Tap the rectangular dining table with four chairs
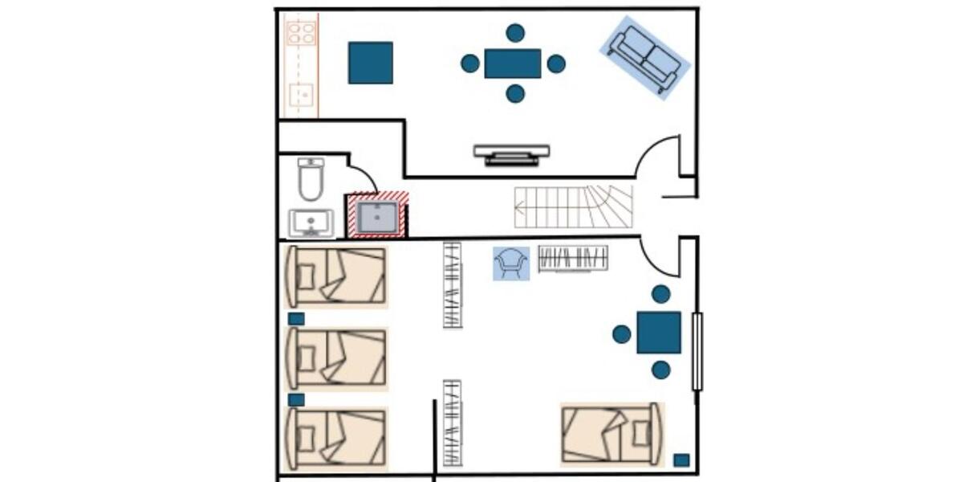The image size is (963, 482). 513,63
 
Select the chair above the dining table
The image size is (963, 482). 515,33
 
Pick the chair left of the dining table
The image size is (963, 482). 470,63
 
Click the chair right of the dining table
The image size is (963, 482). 556,63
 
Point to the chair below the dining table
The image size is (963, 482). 515,94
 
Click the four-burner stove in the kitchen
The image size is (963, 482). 302,32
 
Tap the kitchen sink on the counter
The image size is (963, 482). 302,95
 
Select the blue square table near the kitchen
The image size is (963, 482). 371,63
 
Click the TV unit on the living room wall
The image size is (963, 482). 511,153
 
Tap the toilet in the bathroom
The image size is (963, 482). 310,180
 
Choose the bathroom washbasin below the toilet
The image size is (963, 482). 311,222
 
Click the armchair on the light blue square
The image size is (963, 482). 511,263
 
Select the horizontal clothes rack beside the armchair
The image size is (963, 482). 573,258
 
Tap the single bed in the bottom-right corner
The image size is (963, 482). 612,434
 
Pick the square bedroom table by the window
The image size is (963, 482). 659,333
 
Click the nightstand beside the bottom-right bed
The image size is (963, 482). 681,460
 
